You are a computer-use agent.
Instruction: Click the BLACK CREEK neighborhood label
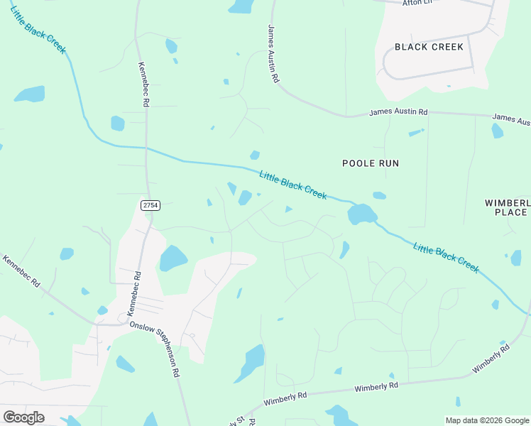tap(429, 47)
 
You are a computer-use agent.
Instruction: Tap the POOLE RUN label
tap(371, 163)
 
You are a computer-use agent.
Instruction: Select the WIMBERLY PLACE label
tap(507, 207)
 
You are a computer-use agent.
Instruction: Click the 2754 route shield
tap(150, 205)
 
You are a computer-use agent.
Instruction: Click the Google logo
tap(23, 417)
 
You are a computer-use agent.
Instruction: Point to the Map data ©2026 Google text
tap(486, 420)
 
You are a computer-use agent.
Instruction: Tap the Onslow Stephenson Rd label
tap(155, 347)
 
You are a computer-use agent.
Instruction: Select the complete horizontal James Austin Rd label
tap(398, 112)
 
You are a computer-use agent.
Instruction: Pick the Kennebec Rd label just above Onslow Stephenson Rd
tap(133, 293)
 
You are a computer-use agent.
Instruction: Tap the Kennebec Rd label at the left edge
tap(21, 272)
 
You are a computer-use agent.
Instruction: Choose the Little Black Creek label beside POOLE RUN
tap(293, 185)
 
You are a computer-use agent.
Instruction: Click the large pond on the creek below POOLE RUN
tap(361, 213)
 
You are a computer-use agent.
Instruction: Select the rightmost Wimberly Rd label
tap(491, 360)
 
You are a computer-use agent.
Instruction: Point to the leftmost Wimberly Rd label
tap(285, 398)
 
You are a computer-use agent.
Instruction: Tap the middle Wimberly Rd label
tap(377, 386)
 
